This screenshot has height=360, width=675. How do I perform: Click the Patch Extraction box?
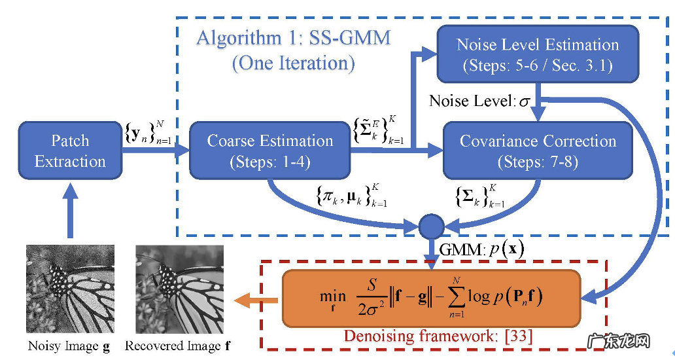click(70, 151)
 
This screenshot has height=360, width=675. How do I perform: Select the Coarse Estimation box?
click(269, 151)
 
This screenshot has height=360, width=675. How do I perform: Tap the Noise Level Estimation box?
click(538, 55)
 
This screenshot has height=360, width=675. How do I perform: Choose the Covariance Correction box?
click(538, 151)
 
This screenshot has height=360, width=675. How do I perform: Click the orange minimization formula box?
click(431, 298)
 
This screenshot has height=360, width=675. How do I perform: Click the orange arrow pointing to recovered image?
click(253, 299)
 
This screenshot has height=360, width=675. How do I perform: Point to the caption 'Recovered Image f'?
click(177, 346)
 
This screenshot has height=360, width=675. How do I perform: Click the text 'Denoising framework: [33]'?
click(438, 336)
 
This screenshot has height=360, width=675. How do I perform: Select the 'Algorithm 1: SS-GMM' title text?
click(293, 38)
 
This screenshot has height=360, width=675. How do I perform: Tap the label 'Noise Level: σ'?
click(479, 101)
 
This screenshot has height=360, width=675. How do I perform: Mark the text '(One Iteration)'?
click(293, 63)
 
